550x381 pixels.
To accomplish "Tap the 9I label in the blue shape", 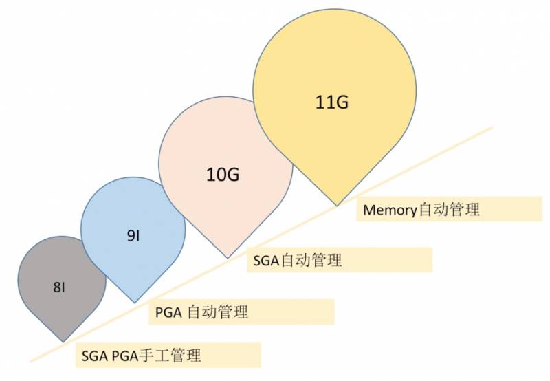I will click(x=133, y=236).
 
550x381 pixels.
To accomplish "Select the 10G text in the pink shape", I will click(x=223, y=175).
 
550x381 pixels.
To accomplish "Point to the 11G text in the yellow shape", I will click(x=333, y=102).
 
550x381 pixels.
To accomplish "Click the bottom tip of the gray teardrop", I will click(x=63, y=341).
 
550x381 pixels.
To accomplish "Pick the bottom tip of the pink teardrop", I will click(x=228, y=257).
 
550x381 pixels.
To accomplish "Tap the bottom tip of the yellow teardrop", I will click(x=336, y=204).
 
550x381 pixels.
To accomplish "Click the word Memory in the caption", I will click(x=390, y=210).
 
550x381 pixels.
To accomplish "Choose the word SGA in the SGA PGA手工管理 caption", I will click(x=93, y=356).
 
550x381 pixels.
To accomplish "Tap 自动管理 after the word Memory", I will click(x=449, y=210).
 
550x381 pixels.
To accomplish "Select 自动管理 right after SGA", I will click(x=311, y=261).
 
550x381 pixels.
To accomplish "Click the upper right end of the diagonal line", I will click(x=493, y=127).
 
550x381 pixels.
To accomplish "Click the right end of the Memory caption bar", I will click(x=541, y=210).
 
